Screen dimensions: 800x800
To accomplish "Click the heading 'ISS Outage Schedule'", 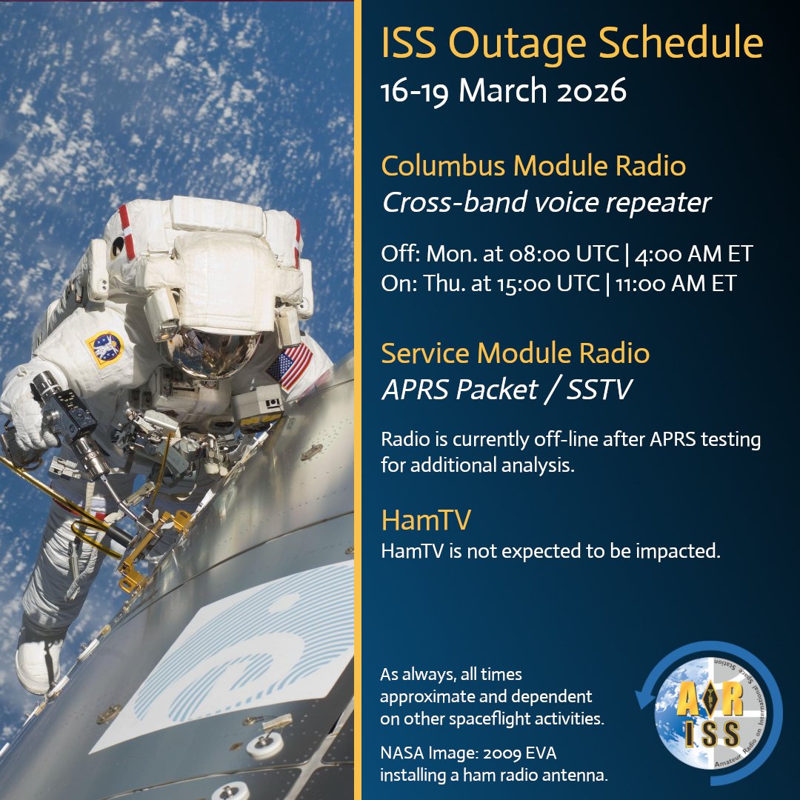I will coord(572,45).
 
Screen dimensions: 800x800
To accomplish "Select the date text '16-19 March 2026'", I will coord(504,91).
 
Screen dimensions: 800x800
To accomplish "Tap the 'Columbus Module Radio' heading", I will coord(533,166).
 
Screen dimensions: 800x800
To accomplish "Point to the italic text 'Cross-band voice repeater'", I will coord(546,202).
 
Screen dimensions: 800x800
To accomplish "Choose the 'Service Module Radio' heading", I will coord(515,353).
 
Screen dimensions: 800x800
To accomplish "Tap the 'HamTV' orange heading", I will coord(425,520).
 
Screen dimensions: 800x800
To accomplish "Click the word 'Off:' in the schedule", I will coord(399,254).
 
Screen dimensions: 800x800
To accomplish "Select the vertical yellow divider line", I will coord(358,400).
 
